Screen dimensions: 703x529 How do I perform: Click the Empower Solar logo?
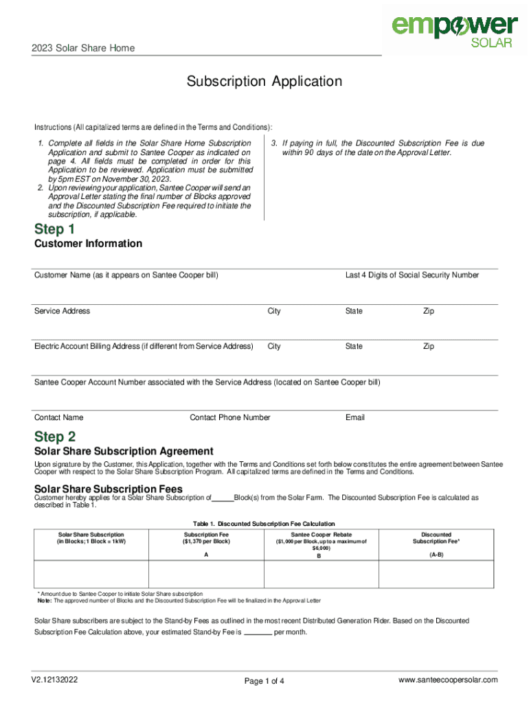pyautogui.click(x=454, y=30)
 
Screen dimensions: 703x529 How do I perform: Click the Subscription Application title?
pyautogui.click(x=264, y=82)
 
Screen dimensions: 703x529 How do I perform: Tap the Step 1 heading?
pyautogui.click(x=54, y=229)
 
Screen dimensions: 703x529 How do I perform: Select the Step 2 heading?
pyautogui.click(x=55, y=437)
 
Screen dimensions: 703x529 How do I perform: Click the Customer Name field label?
pyautogui.click(x=126, y=275)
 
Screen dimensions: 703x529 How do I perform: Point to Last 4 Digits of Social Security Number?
pyautogui.click(x=412, y=275)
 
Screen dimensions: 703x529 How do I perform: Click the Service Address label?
pyautogui.click(x=63, y=311)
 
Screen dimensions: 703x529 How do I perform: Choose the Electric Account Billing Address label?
pyautogui.click(x=144, y=347)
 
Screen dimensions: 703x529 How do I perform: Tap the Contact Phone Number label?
pyautogui.click(x=229, y=417)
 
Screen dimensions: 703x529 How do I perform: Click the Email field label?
pyautogui.click(x=355, y=417)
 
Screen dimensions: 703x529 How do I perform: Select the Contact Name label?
pyautogui.click(x=59, y=417)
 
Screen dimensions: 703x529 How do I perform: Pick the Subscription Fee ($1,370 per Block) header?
pyautogui.click(x=206, y=538)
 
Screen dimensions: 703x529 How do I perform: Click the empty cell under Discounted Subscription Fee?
pyautogui.click(x=436, y=571)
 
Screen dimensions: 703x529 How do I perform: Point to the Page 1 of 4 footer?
pyautogui.click(x=264, y=681)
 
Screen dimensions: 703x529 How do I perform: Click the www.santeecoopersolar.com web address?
pyautogui.click(x=448, y=680)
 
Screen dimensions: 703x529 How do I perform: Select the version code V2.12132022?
pyautogui.click(x=54, y=680)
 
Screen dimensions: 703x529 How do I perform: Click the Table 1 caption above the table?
pyautogui.click(x=264, y=524)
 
